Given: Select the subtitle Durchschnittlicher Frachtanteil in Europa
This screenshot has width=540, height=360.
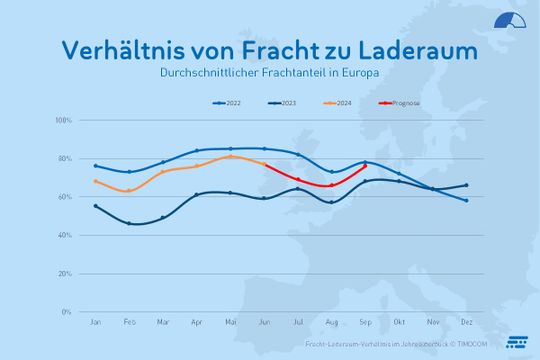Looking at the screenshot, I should click(270, 74).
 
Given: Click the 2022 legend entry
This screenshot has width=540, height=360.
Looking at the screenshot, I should click(229, 102).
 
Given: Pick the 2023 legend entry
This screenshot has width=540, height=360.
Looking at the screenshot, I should click(283, 102).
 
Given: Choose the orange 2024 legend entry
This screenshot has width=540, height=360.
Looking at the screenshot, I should click(338, 102).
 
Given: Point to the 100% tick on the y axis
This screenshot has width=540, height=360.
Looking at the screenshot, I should click(63, 121).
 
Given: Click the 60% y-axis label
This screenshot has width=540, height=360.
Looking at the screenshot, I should click(65, 197).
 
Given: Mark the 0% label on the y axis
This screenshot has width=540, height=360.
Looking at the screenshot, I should click(67, 312).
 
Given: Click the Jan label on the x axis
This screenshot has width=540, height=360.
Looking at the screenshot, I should click(95, 323).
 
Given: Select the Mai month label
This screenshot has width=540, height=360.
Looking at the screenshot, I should click(231, 323).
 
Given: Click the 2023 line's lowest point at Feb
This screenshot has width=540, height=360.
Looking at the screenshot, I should click(129, 223).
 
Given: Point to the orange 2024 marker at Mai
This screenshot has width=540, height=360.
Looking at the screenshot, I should click(231, 156).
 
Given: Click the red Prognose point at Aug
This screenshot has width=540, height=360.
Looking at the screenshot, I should click(332, 185).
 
